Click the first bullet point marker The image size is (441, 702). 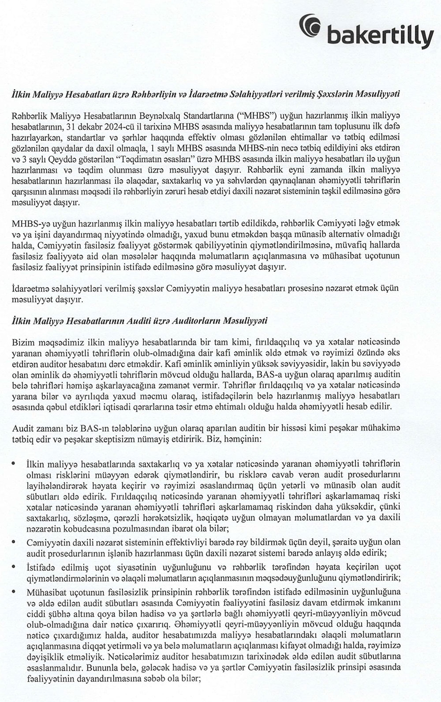pyautogui.click(x=15, y=463)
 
